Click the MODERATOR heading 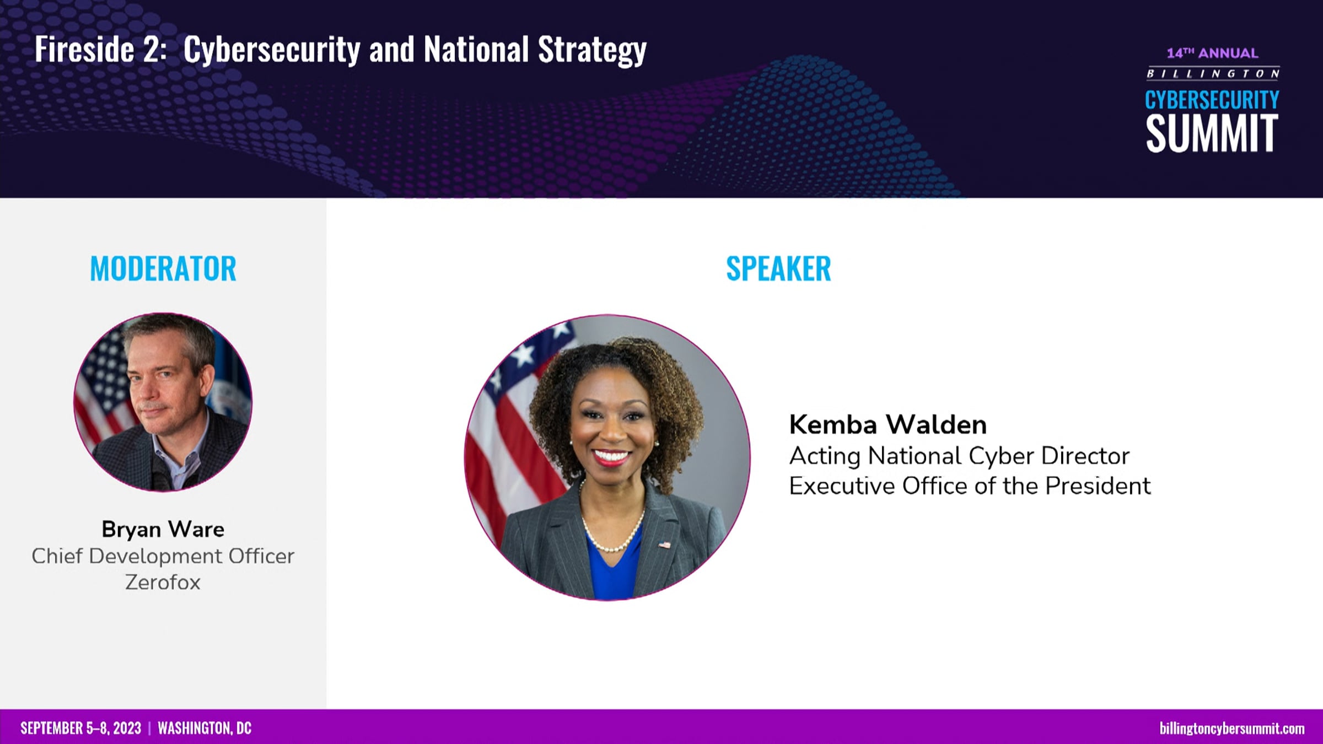(x=163, y=269)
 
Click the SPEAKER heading (x=778, y=269)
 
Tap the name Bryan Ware (x=163, y=529)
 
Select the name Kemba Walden (x=888, y=424)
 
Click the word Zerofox (x=163, y=583)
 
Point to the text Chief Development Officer (x=163, y=556)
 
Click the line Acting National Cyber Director (x=959, y=456)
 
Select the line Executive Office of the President (x=970, y=486)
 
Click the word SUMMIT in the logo (x=1212, y=133)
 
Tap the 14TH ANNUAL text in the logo (x=1212, y=53)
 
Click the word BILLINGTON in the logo (x=1213, y=74)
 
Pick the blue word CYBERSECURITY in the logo (x=1212, y=100)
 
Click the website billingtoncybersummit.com (x=1232, y=729)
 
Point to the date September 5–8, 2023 (x=81, y=729)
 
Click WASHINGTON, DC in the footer (x=205, y=729)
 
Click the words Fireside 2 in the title (x=100, y=49)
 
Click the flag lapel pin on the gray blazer (x=664, y=545)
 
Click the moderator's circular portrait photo (x=163, y=402)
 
